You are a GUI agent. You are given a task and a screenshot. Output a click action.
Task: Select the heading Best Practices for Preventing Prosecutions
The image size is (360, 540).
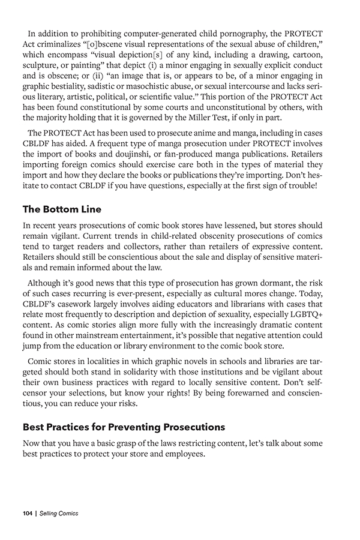click(124, 428)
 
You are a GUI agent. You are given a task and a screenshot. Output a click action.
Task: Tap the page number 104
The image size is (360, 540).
click(26, 514)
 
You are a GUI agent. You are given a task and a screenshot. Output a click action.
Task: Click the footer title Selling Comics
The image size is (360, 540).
click(59, 514)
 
